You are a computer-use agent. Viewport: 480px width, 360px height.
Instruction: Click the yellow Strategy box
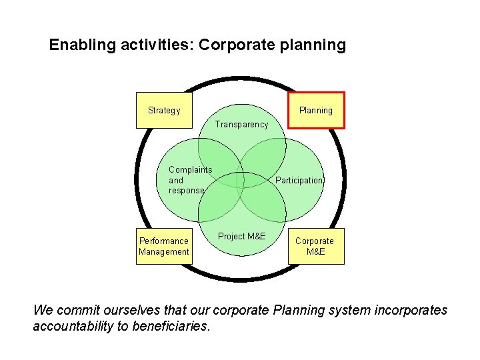[164, 110]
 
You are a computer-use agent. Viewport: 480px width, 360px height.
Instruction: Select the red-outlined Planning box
[315, 110]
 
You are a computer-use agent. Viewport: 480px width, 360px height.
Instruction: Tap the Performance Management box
[164, 246]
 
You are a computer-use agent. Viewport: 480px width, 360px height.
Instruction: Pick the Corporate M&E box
[315, 246]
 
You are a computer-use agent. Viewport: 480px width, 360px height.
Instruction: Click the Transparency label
[241, 124]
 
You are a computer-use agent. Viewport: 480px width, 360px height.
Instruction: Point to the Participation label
[299, 181]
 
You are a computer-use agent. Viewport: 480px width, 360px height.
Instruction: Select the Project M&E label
[241, 237]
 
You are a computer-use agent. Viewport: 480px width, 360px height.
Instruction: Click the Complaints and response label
[190, 180]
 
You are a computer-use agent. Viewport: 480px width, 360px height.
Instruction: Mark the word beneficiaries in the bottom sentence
[171, 326]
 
